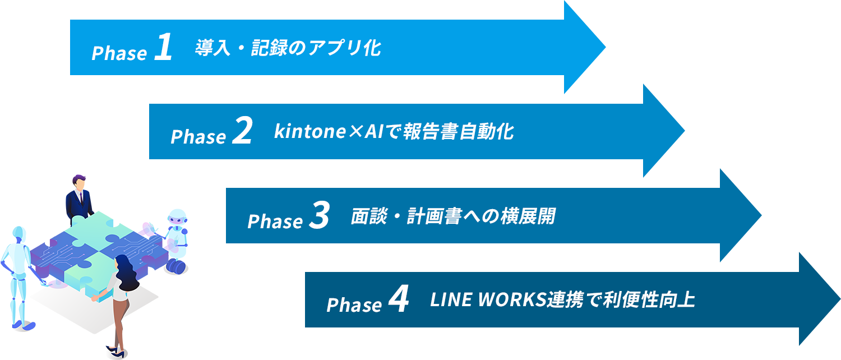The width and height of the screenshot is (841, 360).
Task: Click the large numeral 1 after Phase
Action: click(x=162, y=48)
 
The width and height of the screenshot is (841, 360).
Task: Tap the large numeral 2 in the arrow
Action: click(x=242, y=132)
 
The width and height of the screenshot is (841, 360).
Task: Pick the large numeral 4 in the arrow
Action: click(x=398, y=300)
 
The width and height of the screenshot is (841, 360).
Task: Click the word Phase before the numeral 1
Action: click(x=119, y=53)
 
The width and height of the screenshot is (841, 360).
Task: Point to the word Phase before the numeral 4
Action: click(x=354, y=306)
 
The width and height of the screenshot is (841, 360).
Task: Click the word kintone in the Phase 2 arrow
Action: click(x=308, y=132)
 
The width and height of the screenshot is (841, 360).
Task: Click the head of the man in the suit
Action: click(x=79, y=182)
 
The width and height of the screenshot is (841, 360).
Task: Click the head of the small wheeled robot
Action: click(x=177, y=218)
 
